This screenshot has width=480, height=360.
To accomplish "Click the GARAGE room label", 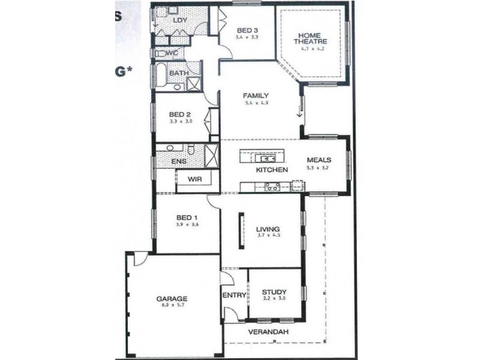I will coord(173,298).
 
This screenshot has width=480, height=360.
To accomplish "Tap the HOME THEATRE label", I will coord(310,37).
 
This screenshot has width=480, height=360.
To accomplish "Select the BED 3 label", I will coord(247,31).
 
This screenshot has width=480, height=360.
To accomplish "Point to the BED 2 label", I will coord(179,114).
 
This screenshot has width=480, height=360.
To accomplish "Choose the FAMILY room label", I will coord(255,95).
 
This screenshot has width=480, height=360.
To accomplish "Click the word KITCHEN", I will coord(272,170).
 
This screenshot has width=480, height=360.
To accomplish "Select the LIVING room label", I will coord(268,229).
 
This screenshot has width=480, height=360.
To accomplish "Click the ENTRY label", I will coord(234,295).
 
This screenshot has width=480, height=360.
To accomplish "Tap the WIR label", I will coord(194,179).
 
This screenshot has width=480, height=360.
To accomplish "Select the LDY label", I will coord(180,20).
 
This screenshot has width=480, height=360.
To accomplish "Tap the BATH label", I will coord(178,73).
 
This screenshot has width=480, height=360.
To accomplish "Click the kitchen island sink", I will coord(265,158).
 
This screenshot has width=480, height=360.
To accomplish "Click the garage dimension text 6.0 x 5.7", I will coord(173,305).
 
